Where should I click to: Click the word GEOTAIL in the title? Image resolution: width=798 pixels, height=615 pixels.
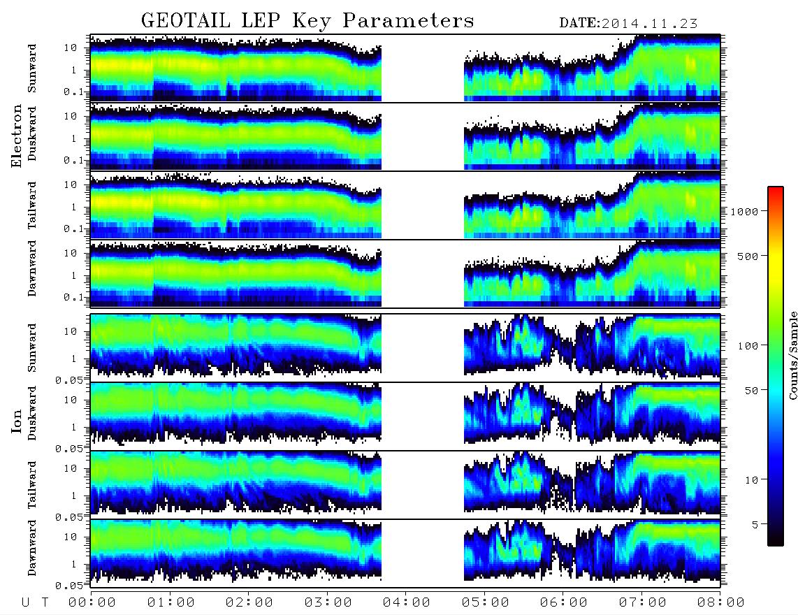pos(186,20)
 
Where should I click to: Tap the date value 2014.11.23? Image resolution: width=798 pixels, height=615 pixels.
pos(649,24)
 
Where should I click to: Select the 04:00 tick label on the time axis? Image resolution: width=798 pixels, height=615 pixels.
pos(406,603)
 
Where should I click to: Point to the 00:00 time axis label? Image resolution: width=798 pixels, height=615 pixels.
pos(92,603)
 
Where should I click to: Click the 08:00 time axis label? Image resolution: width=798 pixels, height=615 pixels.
pos(720,603)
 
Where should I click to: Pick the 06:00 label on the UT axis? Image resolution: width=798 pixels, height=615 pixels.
pos(563,603)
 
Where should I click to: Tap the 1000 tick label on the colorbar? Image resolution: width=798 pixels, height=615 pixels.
pos(744,212)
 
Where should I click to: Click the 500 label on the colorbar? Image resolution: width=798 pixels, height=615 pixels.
pos(748,256)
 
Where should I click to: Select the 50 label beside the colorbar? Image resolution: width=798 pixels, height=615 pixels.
pos(751,391)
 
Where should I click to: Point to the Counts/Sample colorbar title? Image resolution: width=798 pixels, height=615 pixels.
pos(792,355)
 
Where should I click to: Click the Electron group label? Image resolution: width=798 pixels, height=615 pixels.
pos(17,136)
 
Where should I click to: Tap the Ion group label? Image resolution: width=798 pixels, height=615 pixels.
pos(17,421)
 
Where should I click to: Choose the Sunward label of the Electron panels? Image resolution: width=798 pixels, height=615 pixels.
pos(32,68)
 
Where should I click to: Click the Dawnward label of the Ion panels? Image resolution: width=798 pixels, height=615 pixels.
pos(32,547)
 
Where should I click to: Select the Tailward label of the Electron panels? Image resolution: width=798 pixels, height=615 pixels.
pos(32,205)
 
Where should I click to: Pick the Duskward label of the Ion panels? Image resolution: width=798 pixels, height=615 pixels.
pos(32,413)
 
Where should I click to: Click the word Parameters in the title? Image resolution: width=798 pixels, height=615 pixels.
pos(409,20)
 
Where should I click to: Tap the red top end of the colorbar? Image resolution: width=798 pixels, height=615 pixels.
pos(775,189)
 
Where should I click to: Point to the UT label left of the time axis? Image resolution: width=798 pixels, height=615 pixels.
pos(35,603)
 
